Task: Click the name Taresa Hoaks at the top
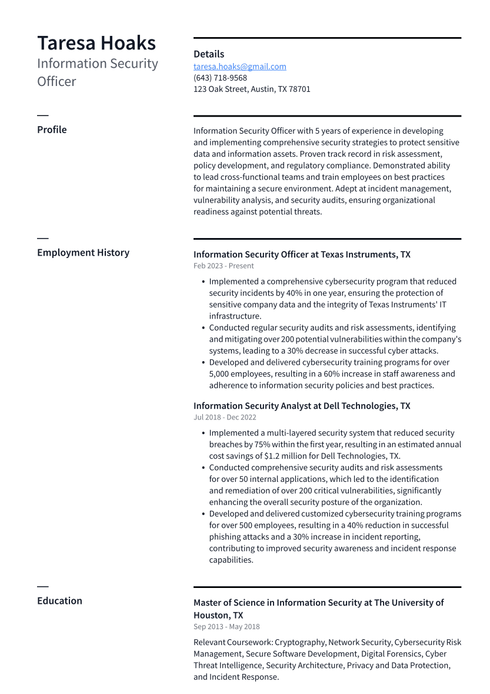pyautogui.click(x=96, y=43)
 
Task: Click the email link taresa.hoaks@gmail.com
pyautogui.click(x=239, y=67)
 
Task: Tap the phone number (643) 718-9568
pyautogui.click(x=220, y=78)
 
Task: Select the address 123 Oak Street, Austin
pyautogui.click(x=252, y=89)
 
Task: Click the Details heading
pyautogui.click(x=209, y=54)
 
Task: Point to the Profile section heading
pyautogui.click(x=52, y=130)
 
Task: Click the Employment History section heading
pyautogui.click(x=83, y=253)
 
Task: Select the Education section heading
pyautogui.click(x=59, y=601)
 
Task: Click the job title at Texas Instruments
pyautogui.click(x=302, y=255)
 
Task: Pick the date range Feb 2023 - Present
pyautogui.click(x=224, y=266)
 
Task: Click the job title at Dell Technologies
pyautogui.click(x=302, y=406)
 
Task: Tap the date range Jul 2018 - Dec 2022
pyautogui.click(x=225, y=417)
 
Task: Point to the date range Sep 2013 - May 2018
pyautogui.click(x=226, y=627)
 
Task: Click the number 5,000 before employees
pyautogui.click(x=222, y=374)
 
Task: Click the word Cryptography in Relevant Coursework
pyautogui.click(x=299, y=642)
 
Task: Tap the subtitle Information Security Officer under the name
pyautogui.click(x=97, y=72)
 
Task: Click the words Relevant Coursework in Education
pyautogui.click(x=232, y=642)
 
